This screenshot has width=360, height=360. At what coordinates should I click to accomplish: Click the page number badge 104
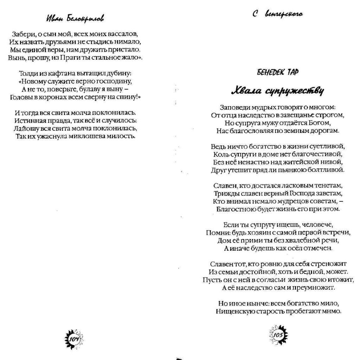[74, 339]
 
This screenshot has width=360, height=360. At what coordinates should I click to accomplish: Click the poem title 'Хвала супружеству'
[277, 91]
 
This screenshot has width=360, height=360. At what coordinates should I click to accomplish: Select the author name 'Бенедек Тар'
[273, 72]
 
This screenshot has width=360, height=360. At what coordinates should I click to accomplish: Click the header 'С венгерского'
[277, 14]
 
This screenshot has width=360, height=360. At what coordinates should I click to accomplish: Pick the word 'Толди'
[27, 74]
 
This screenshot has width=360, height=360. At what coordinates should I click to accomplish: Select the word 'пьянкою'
[295, 170]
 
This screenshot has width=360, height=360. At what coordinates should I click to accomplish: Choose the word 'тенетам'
[326, 185]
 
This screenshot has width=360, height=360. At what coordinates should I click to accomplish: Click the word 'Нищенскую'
[234, 311]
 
